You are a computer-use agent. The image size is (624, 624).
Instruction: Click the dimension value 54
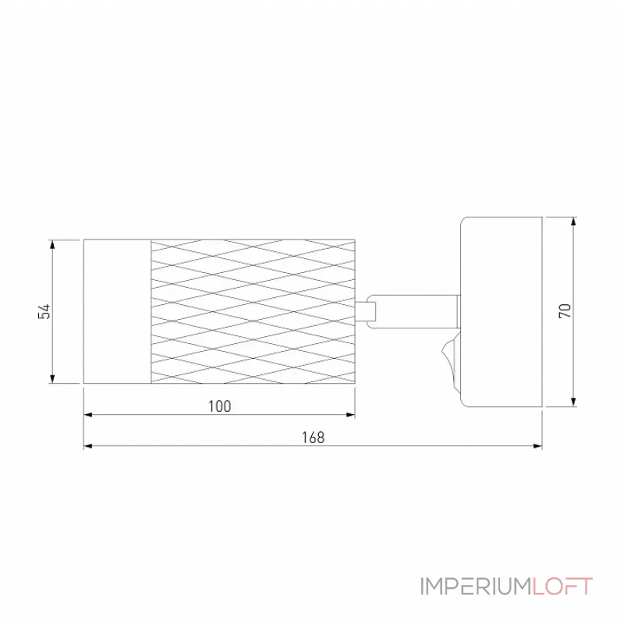click(x=44, y=311)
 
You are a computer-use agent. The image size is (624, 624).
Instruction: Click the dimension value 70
click(x=565, y=310)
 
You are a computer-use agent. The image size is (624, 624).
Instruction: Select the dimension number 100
click(x=220, y=406)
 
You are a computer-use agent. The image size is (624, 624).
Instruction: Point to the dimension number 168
click(x=314, y=438)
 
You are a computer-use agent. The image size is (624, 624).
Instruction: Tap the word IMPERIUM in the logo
click(x=476, y=587)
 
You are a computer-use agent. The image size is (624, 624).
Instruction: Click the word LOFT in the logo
click(x=562, y=587)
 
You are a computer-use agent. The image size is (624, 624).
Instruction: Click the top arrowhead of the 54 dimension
click(x=52, y=244)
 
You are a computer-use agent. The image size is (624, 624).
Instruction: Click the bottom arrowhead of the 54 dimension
click(x=52, y=379)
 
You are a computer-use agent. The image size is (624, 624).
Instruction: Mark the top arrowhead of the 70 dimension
click(x=573, y=222)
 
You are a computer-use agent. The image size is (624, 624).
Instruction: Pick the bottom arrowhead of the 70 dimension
click(x=573, y=402)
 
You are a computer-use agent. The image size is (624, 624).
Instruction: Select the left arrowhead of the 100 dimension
click(x=88, y=415)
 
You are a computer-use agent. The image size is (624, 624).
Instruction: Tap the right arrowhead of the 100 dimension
click(x=350, y=415)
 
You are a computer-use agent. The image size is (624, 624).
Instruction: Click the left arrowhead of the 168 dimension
click(x=88, y=446)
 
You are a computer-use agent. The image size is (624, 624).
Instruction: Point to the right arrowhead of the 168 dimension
click(x=537, y=446)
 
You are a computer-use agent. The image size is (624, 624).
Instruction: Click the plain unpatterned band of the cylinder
click(x=118, y=311)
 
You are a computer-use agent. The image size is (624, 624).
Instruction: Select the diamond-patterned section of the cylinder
click(x=253, y=311)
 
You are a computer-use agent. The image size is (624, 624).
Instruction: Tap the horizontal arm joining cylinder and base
click(x=413, y=311)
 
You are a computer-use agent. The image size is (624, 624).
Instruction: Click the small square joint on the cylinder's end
click(x=365, y=311)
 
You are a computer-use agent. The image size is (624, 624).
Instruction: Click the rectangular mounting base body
click(x=502, y=312)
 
